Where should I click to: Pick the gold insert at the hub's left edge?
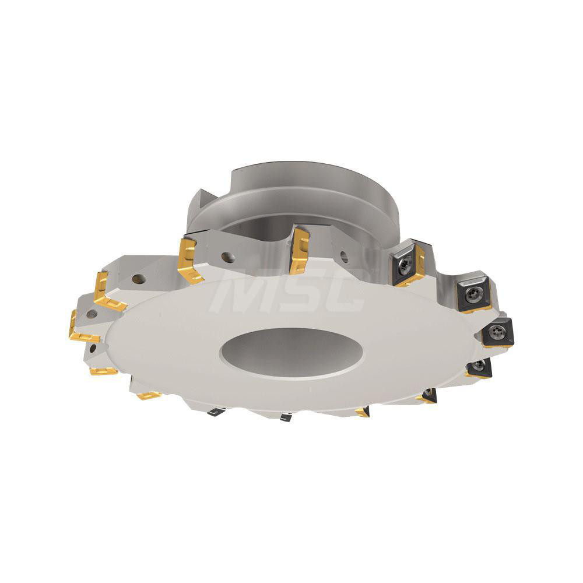click(190, 260)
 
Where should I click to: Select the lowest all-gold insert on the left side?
click(149, 395)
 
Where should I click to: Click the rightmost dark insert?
click(497, 332)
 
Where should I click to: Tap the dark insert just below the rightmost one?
click(480, 367)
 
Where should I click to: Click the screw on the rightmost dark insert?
click(497, 331)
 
